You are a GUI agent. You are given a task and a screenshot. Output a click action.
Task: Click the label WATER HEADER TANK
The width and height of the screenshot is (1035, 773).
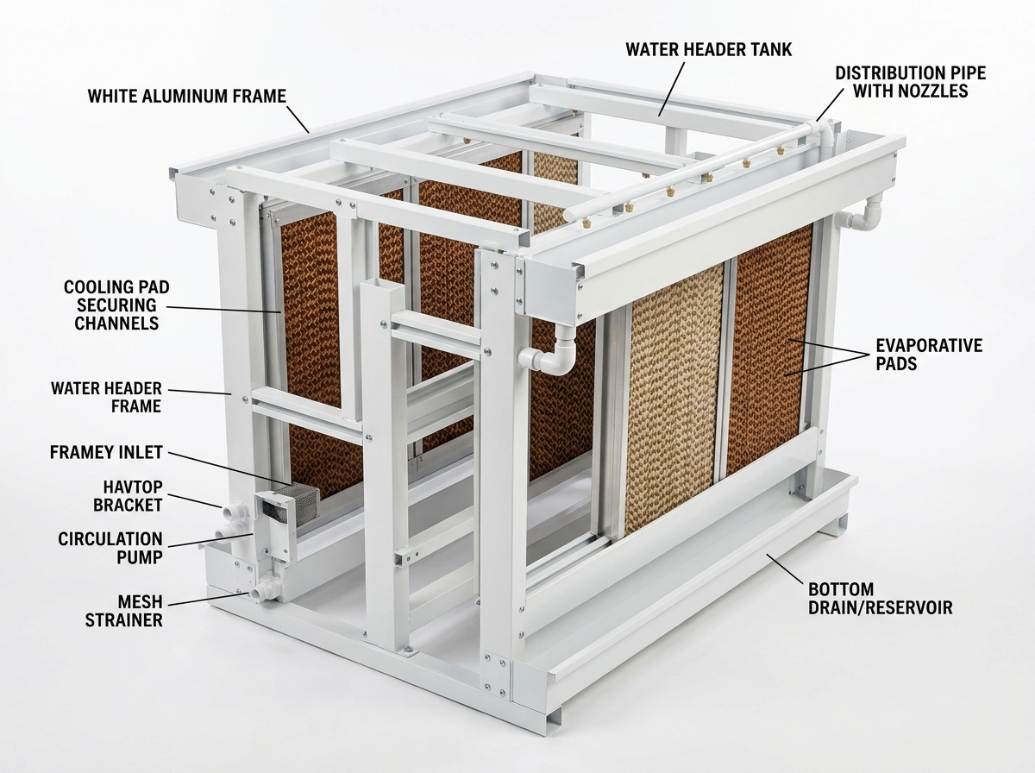click(709, 49)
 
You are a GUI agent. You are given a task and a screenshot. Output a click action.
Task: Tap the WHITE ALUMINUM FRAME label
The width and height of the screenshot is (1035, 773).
click(187, 97)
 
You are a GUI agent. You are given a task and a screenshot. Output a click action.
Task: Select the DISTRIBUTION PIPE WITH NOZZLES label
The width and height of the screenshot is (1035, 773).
click(911, 82)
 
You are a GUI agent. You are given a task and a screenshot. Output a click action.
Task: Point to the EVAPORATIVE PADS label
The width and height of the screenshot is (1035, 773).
click(929, 355)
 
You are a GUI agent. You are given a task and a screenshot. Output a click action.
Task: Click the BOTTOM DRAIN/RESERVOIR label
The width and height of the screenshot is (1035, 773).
click(881, 599)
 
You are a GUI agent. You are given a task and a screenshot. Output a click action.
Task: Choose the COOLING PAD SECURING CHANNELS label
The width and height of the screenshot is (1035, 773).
click(116, 305)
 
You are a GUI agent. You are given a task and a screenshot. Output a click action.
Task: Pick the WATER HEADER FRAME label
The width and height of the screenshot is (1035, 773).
click(106, 397)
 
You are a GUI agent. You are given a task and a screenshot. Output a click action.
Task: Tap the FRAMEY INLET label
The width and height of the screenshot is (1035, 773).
click(106, 452)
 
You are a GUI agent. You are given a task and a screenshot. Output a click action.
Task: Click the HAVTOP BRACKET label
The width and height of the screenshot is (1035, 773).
click(128, 496)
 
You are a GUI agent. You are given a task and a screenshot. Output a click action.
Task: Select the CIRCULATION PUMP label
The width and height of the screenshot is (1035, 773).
click(110, 548)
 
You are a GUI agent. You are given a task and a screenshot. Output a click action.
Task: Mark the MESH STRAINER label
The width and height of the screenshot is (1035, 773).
click(123, 611)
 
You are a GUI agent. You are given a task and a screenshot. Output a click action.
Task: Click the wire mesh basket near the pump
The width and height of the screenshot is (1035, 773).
click(287, 501)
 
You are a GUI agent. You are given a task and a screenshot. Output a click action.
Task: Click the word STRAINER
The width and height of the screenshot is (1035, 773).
click(123, 619)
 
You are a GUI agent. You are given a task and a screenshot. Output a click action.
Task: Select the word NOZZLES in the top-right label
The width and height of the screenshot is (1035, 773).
click(911, 91)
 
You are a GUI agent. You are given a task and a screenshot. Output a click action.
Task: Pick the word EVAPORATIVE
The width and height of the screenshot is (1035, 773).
click(929, 346)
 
